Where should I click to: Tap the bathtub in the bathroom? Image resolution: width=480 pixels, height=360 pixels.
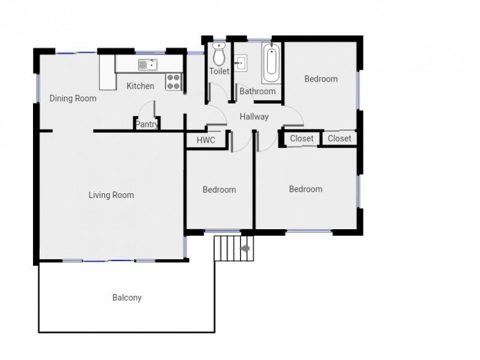[271, 63]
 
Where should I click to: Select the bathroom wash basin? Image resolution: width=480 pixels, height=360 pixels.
[241, 64]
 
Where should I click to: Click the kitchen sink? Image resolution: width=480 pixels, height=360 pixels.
[148, 65]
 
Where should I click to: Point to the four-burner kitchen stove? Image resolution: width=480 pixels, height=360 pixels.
[173, 82]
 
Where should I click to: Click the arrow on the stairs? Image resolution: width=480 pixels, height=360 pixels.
[245, 248]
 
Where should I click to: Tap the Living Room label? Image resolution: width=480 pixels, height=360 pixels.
[111, 195]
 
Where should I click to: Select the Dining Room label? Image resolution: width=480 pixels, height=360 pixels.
[73, 98]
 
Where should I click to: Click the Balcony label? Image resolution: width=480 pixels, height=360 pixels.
[127, 298]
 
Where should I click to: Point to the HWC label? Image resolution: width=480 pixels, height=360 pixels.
[206, 140]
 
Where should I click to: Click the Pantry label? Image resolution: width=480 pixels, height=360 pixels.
[146, 124]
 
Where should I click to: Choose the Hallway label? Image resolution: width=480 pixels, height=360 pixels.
[254, 116]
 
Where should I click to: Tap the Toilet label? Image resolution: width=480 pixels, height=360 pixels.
[219, 71]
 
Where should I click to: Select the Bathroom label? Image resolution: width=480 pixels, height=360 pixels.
[257, 91]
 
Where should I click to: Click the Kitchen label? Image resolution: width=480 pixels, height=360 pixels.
[140, 86]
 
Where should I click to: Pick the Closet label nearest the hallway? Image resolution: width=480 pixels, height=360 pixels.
[302, 139]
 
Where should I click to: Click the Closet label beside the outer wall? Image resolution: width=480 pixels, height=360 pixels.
[339, 139]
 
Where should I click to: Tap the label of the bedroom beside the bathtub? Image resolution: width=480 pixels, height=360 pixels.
[321, 79]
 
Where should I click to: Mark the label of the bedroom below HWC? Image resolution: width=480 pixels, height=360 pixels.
[219, 190]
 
